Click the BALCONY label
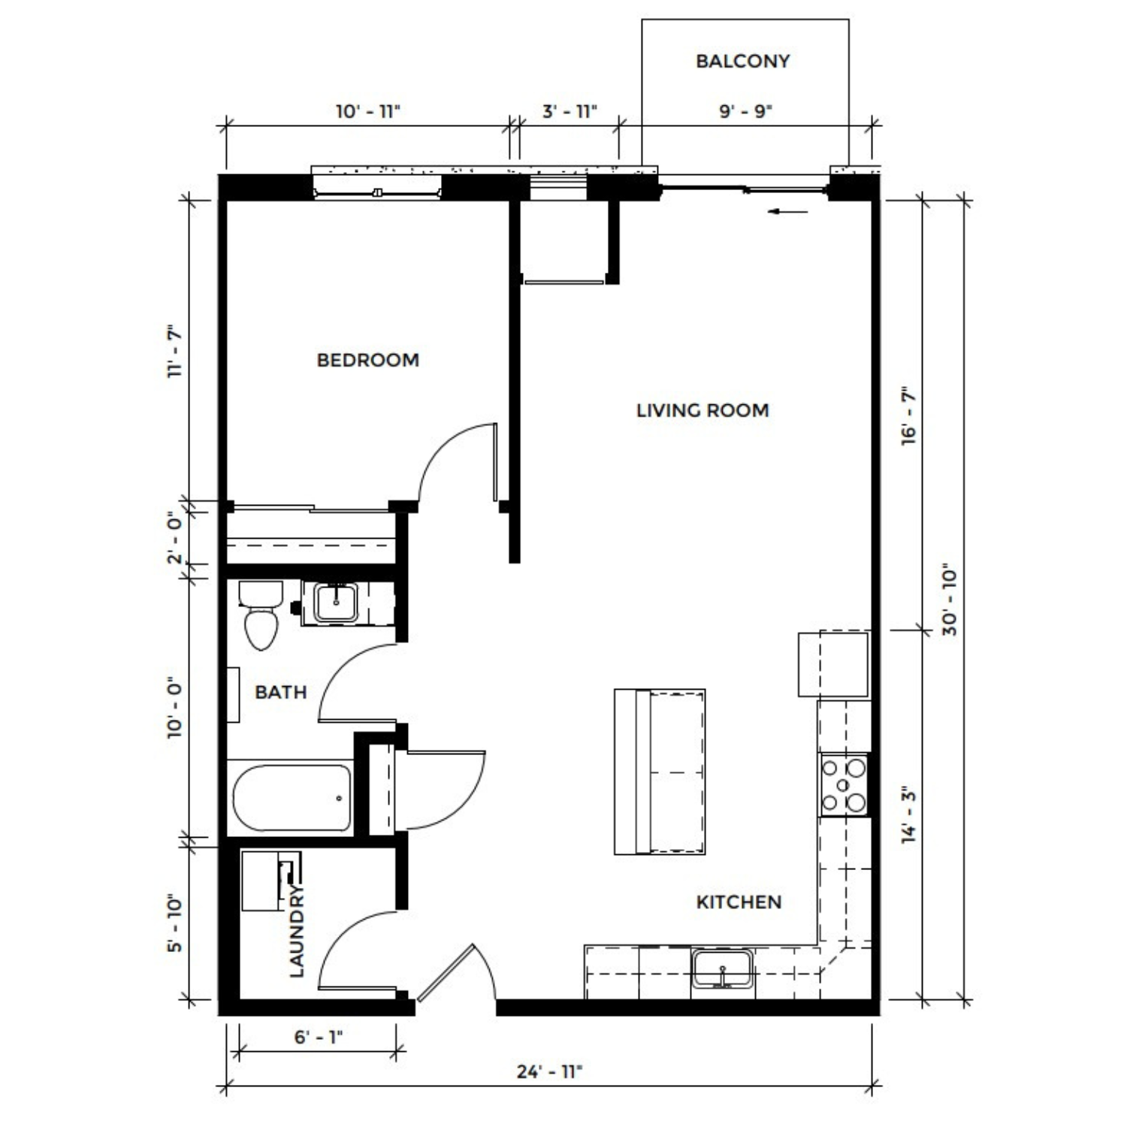(x=742, y=61)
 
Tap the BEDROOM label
(x=367, y=360)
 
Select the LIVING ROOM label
(x=702, y=410)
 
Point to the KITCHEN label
(x=739, y=902)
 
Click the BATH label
(x=280, y=692)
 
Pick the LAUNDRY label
(x=298, y=932)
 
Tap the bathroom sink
(x=336, y=603)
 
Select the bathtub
(x=291, y=798)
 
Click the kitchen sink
(x=722, y=969)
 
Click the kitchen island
(x=660, y=772)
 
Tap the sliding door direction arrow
(x=788, y=212)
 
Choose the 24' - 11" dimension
(x=550, y=1071)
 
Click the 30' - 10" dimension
(x=950, y=602)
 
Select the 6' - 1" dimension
(x=319, y=1038)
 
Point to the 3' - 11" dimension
(x=570, y=111)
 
